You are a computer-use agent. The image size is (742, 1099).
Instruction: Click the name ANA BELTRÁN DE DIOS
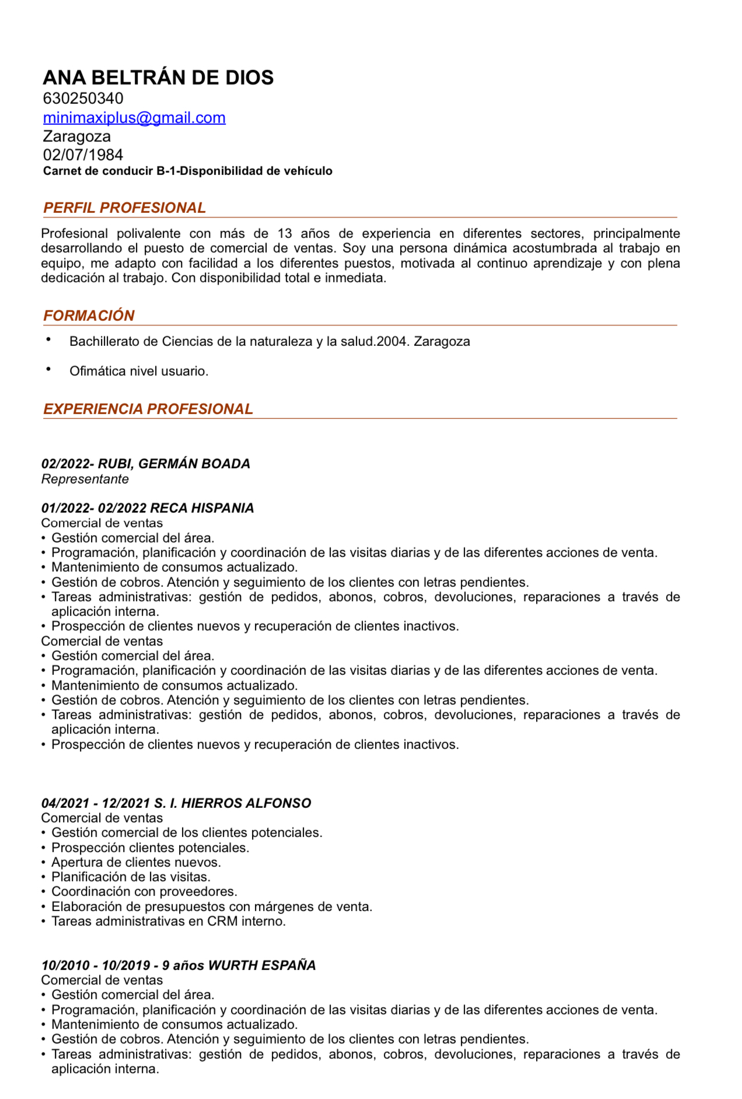tap(158, 78)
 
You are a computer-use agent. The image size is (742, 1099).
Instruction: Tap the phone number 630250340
tap(83, 98)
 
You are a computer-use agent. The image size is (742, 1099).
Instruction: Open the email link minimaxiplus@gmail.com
tap(134, 118)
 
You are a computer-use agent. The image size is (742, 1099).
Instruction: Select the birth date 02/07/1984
tap(83, 155)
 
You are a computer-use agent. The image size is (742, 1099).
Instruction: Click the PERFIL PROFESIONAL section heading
tap(124, 208)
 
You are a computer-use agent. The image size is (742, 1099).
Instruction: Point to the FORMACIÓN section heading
tap(89, 316)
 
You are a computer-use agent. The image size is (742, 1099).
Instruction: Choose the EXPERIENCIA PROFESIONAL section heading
tap(148, 409)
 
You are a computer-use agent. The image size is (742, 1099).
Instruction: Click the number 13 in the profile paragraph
tap(285, 234)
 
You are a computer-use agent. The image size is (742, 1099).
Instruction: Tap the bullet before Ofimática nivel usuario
tap(49, 369)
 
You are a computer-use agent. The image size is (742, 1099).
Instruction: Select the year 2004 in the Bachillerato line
tap(391, 342)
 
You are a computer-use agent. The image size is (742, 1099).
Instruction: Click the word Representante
tap(85, 480)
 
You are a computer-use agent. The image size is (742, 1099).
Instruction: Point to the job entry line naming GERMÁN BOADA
tap(146, 464)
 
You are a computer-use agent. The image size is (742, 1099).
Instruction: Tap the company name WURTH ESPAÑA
tap(262, 965)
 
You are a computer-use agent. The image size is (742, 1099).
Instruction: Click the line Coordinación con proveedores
tap(144, 892)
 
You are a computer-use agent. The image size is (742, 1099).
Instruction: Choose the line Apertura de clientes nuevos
tap(136, 862)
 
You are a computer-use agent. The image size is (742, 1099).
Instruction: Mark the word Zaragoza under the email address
tap(77, 136)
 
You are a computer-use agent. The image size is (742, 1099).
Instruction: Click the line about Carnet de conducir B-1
tap(187, 171)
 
